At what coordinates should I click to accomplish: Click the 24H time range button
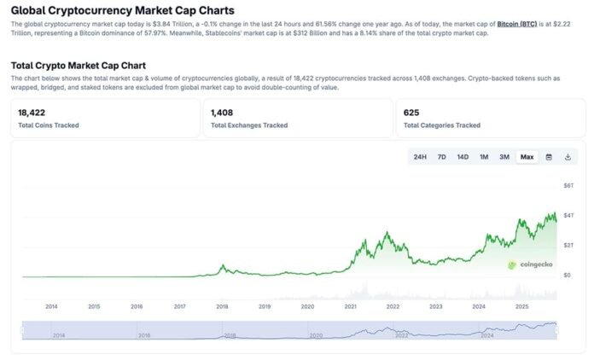(420, 157)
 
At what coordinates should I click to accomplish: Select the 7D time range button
(441, 157)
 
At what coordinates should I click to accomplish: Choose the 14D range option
(463, 157)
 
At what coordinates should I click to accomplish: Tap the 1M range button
(484, 157)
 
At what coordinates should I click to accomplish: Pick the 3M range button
(504, 157)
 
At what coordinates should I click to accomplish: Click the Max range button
(527, 157)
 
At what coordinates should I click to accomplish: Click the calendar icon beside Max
(549, 157)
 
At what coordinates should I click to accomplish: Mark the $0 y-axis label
(567, 276)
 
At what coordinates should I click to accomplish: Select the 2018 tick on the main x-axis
(222, 306)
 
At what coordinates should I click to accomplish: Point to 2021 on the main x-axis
(350, 306)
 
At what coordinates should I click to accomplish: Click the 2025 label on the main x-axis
(521, 306)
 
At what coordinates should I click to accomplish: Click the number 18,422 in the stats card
(31, 112)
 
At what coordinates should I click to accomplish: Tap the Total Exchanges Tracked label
(249, 125)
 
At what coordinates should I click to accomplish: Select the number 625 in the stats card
(411, 112)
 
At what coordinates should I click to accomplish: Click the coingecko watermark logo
(530, 264)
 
